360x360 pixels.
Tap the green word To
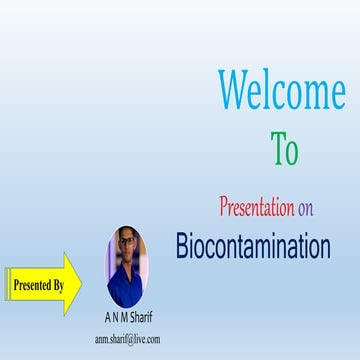[x=284, y=149]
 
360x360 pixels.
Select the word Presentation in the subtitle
[x=256, y=208]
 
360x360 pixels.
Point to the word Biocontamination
[x=253, y=246]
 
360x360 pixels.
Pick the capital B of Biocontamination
[x=183, y=246]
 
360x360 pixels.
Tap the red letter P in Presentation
[x=223, y=208]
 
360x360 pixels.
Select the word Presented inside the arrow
[x=33, y=285]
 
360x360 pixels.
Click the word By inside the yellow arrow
[x=59, y=285]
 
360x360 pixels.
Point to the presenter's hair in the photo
[x=128, y=234]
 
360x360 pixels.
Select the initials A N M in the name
[x=115, y=319]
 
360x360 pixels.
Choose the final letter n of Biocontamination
[x=323, y=246]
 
